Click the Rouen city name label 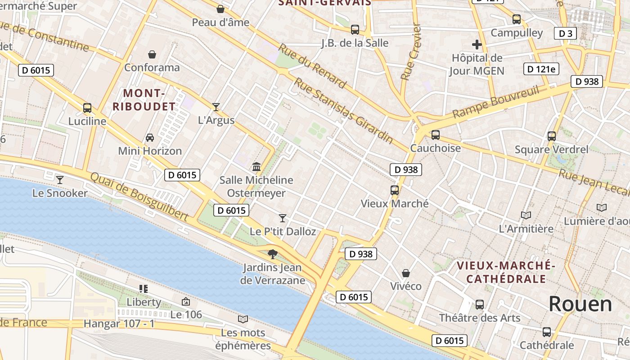coord(580,304)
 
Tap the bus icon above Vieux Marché coord(395,190)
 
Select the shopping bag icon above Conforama coord(152,54)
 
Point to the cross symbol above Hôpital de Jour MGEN coord(477,45)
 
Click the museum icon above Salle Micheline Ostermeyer coord(256,167)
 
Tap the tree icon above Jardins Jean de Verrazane coord(272,254)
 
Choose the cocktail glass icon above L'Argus coord(216,107)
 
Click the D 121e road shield coord(541,69)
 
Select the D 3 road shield coord(565,33)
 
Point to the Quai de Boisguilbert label coord(139,197)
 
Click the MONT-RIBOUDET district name coord(144,100)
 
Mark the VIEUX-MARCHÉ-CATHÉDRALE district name coord(506,272)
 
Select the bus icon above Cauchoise coord(435,135)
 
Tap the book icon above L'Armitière coord(526,215)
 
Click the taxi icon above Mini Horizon coord(149,137)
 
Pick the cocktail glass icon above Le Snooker coord(59,180)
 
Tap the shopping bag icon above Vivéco coord(405,273)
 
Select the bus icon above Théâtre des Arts coord(479,305)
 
